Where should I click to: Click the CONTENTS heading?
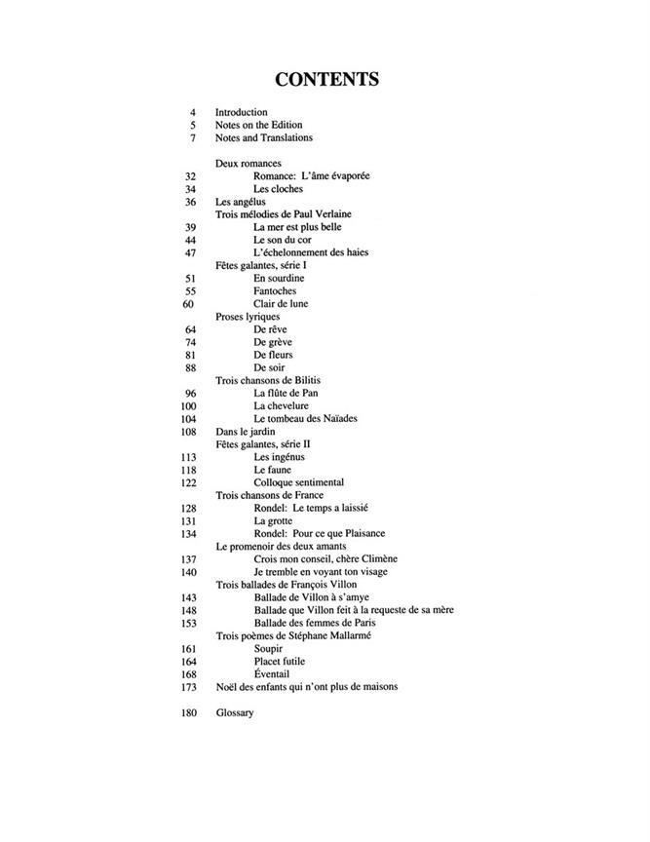point(325,79)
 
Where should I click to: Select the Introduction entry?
point(241,112)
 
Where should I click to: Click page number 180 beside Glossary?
point(189,712)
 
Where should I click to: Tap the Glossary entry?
point(234,712)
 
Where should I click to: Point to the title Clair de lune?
point(281,304)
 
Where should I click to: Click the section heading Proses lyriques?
point(248,317)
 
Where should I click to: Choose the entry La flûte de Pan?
point(287,393)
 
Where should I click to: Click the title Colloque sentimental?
point(298,482)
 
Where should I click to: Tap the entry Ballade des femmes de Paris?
point(315,623)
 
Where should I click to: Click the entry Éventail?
point(273,673)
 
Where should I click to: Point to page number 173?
point(189,686)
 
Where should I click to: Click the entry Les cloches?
point(275,188)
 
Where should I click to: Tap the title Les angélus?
point(240,202)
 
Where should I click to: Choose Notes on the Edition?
point(258,125)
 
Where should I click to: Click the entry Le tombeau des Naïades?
point(305,418)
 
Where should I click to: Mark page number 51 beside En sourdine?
point(192,278)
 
